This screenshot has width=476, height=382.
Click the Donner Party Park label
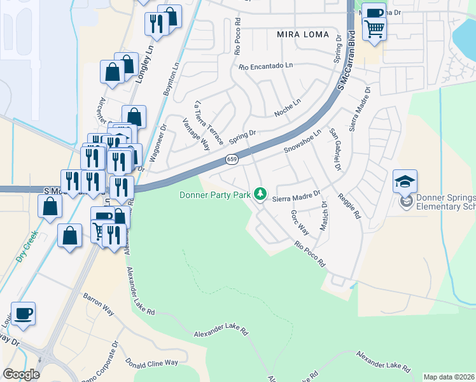[214, 195]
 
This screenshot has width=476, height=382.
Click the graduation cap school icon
[405, 182]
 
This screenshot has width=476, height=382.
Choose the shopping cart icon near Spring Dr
[374, 28]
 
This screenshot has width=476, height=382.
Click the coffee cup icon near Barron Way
[24, 314]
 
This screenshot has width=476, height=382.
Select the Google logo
[21, 374]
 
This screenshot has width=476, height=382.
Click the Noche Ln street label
[287, 107]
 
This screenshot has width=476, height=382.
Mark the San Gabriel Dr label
[335, 150]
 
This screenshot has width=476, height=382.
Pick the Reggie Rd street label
[349, 206]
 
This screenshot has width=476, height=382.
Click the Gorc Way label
[300, 222]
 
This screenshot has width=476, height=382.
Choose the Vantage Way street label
[195, 133]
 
